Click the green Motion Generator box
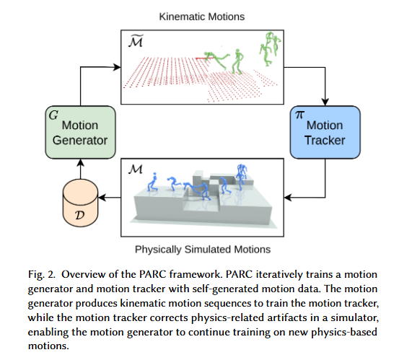80,132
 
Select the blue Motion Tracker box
325,132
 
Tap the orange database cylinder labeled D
80,203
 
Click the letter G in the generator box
53,115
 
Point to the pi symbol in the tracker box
299,115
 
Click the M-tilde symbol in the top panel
136,40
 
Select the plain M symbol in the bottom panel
136,170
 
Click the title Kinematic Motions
202,17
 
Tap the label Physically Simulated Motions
203,250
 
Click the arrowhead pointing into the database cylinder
102,198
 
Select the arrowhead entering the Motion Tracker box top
325,102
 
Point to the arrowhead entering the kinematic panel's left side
117,67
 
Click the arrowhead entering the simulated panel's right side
288,198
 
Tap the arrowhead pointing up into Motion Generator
80,163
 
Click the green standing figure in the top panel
237,61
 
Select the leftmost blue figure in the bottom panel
152,182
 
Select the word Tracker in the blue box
325,140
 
